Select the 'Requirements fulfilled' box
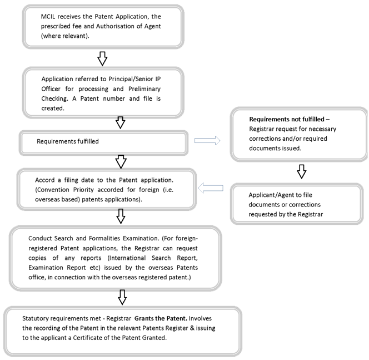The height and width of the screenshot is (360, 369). [103, 143]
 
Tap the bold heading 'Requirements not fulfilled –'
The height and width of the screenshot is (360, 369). [289, 119]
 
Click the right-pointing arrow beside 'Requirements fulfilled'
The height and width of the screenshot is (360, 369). [207, 141]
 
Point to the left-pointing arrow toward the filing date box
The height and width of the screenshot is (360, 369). [211, 188]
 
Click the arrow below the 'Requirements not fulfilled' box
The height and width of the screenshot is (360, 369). [301, 171]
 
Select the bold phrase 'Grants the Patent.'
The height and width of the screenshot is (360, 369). [161, 318]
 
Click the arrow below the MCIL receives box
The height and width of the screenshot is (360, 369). [102, 58]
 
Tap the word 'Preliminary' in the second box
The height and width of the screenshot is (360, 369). [144, 89]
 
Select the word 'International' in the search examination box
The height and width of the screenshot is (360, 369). [127, 258]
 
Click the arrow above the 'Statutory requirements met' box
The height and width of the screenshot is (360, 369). [122, 297]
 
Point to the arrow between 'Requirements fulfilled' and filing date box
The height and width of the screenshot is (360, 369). [121, 161]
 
